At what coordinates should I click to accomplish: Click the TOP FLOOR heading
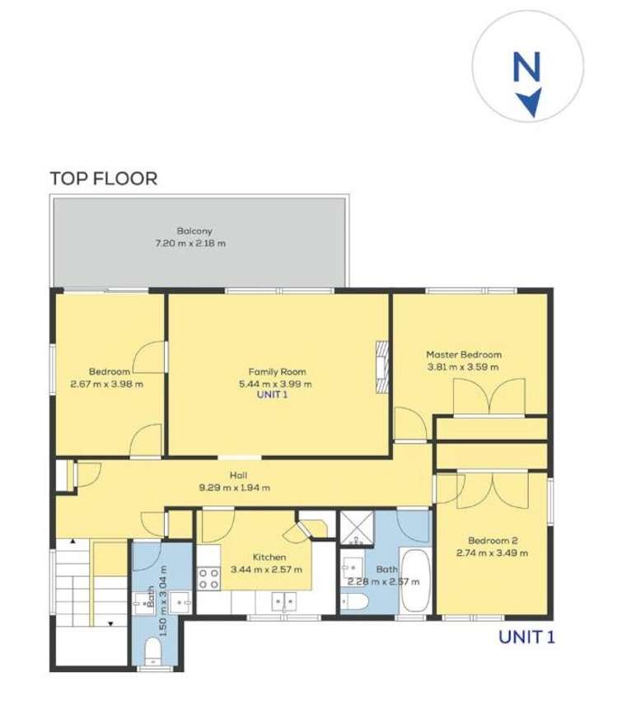(x=103, y=177)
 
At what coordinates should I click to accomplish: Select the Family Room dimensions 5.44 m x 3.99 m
(x=275, y=383)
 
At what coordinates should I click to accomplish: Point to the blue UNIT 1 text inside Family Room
(x=275, y=395)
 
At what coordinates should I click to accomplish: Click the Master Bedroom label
(x=464, y=355)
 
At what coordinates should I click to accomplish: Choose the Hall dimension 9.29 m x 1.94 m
(x=236, y=487)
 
